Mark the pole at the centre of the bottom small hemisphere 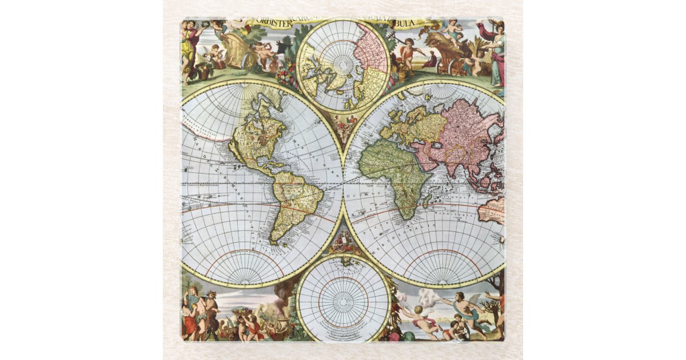pyautogui.click(x=343, y=298)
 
